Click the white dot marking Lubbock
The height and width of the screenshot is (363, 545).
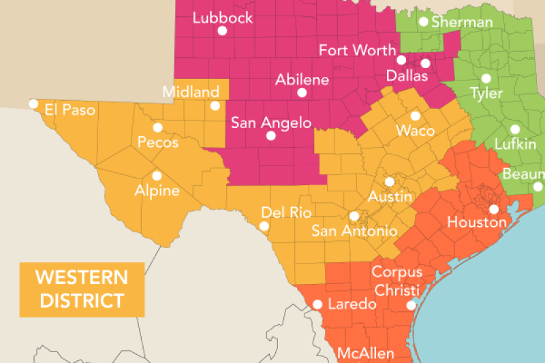click(x=221, y=31)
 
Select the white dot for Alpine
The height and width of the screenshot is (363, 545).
click(x=157, y=175)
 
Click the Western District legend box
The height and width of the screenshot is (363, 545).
click(x=82, y=289)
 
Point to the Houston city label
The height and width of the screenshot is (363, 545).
click(x=477, y=222)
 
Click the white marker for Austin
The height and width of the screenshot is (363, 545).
click(x=389, y=182)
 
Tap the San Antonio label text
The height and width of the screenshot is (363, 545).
click(x=354, y=231)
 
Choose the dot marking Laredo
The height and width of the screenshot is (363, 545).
click(x=317, y=304)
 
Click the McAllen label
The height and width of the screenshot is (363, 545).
click(x=365, y=353)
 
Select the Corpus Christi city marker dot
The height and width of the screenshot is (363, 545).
click(x=411, y=306)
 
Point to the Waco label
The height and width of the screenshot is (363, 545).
click(x=415, y=130)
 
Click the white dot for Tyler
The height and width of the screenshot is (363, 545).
click(x=486, y=78)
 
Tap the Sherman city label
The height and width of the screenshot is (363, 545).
click(x=461, y=22)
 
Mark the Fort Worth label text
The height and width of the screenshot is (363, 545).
click(x=357, y=50)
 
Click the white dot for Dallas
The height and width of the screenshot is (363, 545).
click(x=425, y=63)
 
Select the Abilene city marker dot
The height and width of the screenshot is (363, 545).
click(x=302, y=93)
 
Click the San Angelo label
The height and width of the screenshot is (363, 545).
click(x=270, y=123)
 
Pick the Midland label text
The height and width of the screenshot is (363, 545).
click(x=191, y=91)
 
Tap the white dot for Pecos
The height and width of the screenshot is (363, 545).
click(x=157, y=127)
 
